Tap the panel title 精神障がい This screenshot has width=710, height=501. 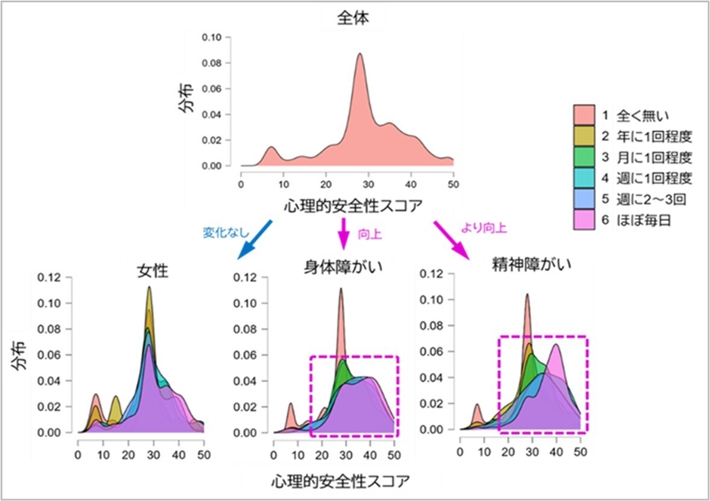(522, 265)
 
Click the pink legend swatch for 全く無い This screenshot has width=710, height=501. (584, 115)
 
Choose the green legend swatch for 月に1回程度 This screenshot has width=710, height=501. (584, 157)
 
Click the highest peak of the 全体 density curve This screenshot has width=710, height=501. (360, 54)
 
